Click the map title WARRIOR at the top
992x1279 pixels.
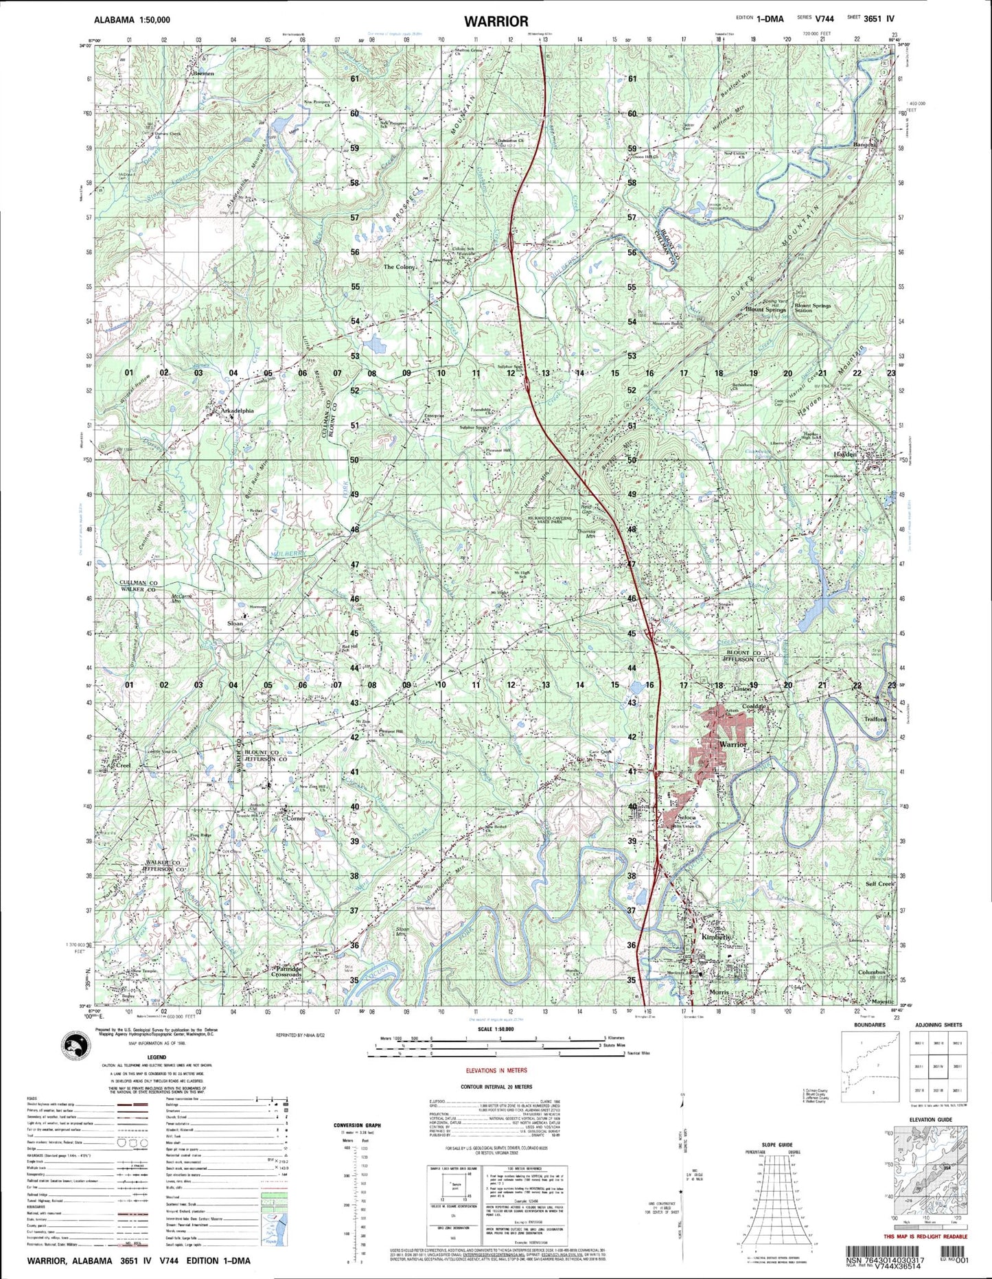(496, 21)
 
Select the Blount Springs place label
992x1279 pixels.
(765, 310)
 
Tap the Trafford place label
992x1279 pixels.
(875, 719)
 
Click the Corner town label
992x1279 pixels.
(295, 818)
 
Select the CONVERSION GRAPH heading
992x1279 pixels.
(357, 1125)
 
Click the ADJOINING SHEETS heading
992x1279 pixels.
(938, 1025)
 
